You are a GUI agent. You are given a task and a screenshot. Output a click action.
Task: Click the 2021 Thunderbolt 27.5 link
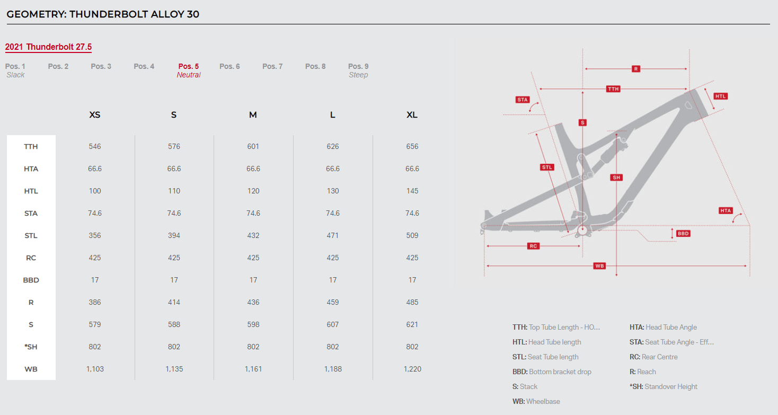pyautogui.click(x=48, y=47)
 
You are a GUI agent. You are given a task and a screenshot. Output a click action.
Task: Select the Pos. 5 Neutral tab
pyautogui.click(x=189, y=70)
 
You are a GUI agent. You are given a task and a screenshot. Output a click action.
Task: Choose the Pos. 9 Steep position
pyautogui.click(x=358, y=70)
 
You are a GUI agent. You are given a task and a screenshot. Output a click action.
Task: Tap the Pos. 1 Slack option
pyautogui.click(x=15, y=70)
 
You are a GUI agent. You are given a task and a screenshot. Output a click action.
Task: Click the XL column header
pyautogui.click(x=412, y=115)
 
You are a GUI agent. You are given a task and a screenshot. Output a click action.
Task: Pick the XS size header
pyautogui.click(x=95, y=115)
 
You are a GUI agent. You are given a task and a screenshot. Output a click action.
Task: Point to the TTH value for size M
pyautogui.click(x=253, y=147)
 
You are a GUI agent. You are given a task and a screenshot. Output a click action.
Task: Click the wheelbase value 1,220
pyautogui.click(x=412, y=369)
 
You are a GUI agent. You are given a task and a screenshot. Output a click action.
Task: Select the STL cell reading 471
pyautogui.click(x=333, y=235)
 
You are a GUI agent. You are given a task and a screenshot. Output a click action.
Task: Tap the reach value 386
pyautogui.click(x=95, y=303)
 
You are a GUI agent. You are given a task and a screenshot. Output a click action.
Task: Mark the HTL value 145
pyautogui.click(x=412, y=191)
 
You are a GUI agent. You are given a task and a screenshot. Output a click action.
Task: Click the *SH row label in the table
pyautogui.click(x=31, y=347)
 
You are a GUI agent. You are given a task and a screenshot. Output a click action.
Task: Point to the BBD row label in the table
pyautogui.click(x=31, y=280)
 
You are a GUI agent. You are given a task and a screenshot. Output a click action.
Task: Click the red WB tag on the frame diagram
pyautogui.click(x=599, y=266)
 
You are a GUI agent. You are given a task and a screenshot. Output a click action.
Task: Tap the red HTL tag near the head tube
pyautogui.click(x=720, y=96)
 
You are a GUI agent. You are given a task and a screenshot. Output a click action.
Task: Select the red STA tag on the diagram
pyautogui.click(x=523, y=100)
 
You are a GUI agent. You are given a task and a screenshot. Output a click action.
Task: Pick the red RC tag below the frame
pyautogui.click(x=533, y=246)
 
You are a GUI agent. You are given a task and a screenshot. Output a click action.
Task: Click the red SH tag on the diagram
pyautogui.click(x=616, y=178)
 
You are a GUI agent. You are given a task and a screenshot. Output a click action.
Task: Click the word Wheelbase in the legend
pyautogui.click(x=543, y=401)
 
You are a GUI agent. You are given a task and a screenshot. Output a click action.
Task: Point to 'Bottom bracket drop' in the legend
pyautogui.click(x=560, y=372)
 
